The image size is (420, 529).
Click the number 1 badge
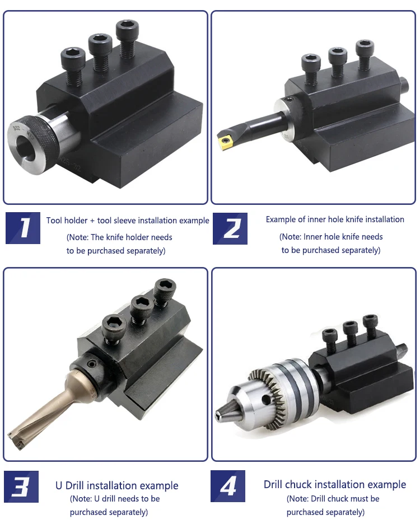pos(23,228)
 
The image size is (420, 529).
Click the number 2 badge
pos(230,228)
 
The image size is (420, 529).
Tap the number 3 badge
pos(21,487)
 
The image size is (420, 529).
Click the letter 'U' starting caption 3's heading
pos(59,485)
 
